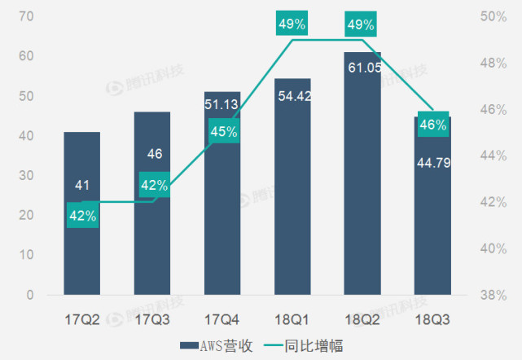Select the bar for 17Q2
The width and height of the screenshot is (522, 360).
click(82, 244)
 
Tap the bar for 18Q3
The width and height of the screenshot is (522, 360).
click(432, 236)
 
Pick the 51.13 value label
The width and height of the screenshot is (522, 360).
click(222, 103)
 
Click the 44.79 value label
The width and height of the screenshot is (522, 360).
click(432, 161)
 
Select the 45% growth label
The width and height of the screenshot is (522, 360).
click(222, 131)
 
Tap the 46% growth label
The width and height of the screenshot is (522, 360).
click(432, 125)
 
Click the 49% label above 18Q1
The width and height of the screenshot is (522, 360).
click(292, 24)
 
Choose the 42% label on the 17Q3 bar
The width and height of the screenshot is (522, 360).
click(153, 185)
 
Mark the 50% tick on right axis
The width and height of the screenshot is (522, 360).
click(490, 16)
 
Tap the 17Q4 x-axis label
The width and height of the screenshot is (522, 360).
click(222, 317)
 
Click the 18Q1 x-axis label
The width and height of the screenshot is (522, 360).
click(292, 317)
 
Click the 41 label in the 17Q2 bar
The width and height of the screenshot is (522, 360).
click(82, 186)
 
